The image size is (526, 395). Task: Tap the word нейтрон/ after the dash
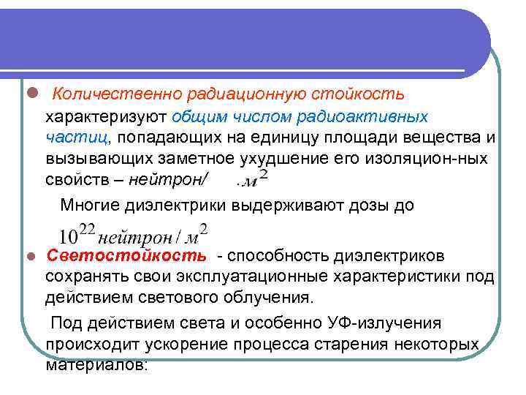pos(173,178)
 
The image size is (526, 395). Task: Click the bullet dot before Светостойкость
pos(30,257)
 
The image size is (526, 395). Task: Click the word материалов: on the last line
pos(96,365)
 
